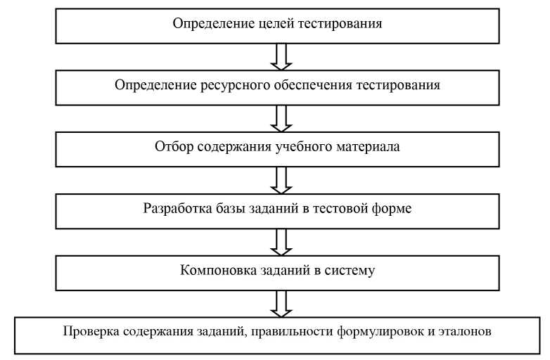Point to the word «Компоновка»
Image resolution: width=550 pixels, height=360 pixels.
215,270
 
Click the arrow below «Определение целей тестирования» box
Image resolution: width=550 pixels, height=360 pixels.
280,55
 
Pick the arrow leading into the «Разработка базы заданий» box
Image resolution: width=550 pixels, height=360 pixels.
280,179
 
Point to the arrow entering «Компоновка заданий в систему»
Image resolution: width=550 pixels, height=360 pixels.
280,240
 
